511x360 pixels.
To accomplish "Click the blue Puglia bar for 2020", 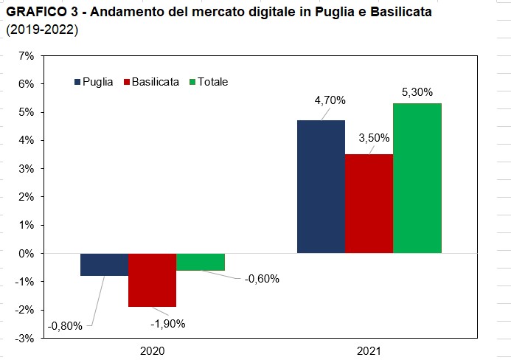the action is (x=104, y=264).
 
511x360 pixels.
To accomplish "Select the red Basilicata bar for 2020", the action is (x=152, y=280).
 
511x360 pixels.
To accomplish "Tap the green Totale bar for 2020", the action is (x=201, y=262).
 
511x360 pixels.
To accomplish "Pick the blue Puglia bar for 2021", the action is (x=321, y=187).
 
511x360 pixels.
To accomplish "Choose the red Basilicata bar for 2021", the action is (x=369, y=204).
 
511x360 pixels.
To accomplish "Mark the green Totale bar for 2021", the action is (x=417, y=179).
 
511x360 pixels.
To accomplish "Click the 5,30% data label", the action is (x=417, y=92).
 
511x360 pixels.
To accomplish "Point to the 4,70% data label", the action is (x=330, y=100).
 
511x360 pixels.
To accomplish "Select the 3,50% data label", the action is (x=374, y=138).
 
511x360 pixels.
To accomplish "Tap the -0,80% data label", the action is (x=65, y=326).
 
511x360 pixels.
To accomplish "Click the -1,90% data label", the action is (x=168, y=324).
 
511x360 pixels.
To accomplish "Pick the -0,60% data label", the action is (x=262, y=279).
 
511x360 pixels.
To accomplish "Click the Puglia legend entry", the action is (x=94, y=82).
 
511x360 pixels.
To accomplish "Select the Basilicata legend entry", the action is (x=152, y=82).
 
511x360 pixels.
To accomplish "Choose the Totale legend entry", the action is (x=209, y=82).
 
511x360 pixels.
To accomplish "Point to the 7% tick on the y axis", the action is (x=27, y=56).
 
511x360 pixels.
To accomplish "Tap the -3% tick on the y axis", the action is (x=24, y=339).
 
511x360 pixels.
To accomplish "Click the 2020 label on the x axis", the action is (x=152, y=351).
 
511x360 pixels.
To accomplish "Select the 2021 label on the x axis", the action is (x=369, y=351).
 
